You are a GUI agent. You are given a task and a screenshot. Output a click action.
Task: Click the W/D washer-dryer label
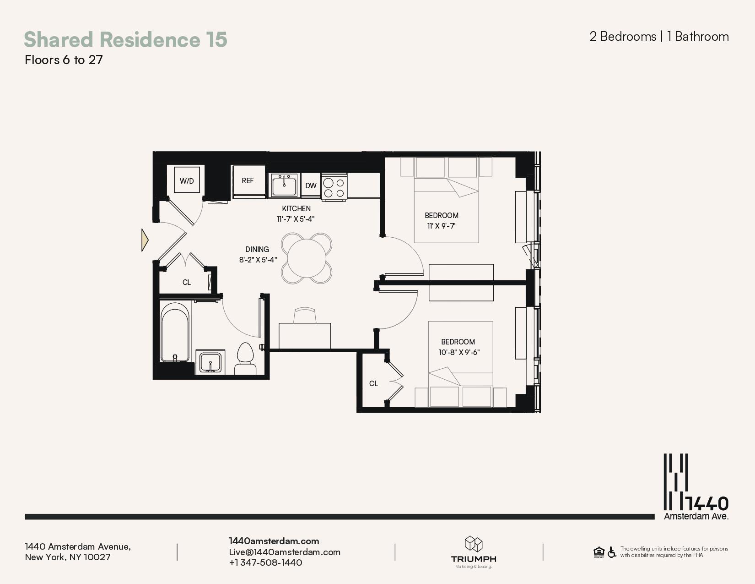187,181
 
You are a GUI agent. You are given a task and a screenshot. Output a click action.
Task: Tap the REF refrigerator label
248,180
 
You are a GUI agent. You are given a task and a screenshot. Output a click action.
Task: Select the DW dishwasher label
311,186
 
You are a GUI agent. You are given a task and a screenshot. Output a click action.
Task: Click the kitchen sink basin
284,186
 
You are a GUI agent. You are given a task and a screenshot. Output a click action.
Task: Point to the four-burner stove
334,187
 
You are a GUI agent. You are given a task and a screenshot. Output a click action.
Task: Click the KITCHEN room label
297,209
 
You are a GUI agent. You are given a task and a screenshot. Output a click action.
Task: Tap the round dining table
307,258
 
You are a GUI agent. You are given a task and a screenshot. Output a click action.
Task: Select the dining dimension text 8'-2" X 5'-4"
258,260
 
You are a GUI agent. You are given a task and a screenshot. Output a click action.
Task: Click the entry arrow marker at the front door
145,240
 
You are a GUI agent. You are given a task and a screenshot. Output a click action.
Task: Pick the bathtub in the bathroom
175,333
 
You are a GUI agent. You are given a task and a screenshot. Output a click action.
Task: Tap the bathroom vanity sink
210,362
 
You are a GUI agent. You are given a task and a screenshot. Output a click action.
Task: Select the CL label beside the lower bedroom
373,383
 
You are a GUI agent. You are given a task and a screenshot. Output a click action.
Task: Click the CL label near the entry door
187,283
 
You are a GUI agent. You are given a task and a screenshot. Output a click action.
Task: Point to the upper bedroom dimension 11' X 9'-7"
441,226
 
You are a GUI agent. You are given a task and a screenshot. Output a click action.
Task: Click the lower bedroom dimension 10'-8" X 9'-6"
459,352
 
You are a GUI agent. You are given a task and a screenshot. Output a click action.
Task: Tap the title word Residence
150,39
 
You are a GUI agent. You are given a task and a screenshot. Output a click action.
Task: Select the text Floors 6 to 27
64,60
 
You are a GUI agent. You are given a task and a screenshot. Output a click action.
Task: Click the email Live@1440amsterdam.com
285,552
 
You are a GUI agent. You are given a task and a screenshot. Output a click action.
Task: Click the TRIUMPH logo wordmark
474,559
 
